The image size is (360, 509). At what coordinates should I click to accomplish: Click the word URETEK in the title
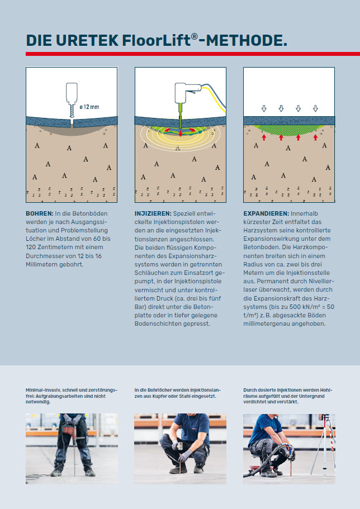coord(87,40)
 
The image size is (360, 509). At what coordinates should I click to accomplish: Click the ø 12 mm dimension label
coord(89,107)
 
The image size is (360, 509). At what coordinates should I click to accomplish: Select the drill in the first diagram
coord(72,99)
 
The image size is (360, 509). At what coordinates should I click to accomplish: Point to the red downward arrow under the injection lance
coord(181,134)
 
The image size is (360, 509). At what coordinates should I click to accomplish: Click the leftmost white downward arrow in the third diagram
coord(264,108)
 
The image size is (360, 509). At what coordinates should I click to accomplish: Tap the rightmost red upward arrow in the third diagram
coord(315,137)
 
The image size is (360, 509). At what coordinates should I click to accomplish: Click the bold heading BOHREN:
coord(39,213)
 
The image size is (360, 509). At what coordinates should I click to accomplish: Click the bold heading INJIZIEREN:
coord(153,213)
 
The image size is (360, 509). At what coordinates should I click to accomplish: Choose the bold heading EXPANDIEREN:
coord(266,213)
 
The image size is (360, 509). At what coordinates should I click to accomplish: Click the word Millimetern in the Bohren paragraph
coord(42,264)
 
